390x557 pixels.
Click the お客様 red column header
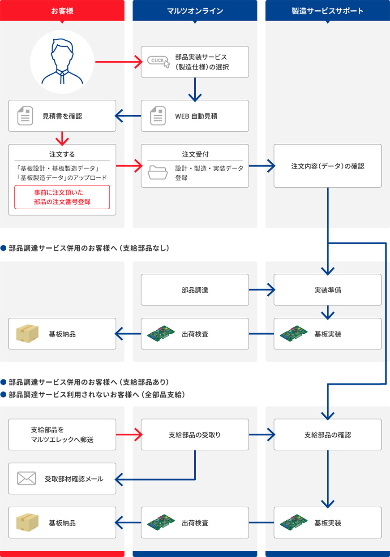62,11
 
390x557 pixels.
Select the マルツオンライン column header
195,11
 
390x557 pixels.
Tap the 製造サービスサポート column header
327,11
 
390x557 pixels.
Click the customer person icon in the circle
62,62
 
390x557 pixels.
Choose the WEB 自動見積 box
195,116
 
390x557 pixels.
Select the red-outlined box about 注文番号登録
62,197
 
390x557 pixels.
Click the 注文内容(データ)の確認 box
327,166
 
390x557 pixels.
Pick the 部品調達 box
195,290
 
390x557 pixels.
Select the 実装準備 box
327,290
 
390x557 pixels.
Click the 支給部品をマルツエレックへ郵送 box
62,435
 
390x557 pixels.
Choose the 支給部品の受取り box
195,435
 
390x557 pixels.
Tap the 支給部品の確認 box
327,435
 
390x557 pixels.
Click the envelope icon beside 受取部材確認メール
26,479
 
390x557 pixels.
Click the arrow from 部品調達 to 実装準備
261,290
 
